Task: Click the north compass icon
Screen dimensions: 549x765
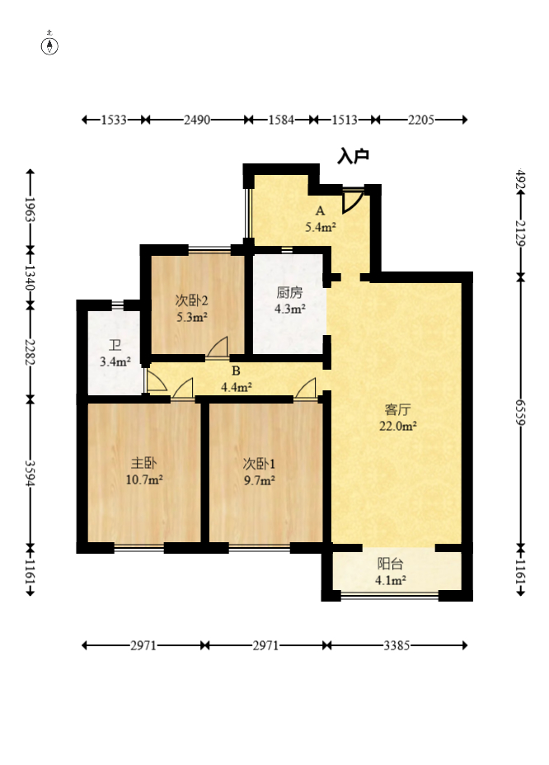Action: click(x=49, y=44)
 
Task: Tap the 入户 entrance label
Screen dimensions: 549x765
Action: click(x=353, y=156)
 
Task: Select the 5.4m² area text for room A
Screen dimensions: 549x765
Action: click(x=320, y=227)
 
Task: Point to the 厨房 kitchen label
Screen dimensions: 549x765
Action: click(x=289, y=292)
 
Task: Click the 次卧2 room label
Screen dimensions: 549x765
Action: click(x=192, y=300)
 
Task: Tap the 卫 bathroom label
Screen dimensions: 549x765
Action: click(x=115, y=346)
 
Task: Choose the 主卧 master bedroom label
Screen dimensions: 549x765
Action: click(x=143, y=463)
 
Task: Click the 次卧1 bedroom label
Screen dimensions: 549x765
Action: click(x=259, y=464)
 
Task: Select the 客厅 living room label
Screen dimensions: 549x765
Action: click(x=397, y=409)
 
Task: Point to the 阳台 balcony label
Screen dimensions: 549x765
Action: click(x=390, y=564)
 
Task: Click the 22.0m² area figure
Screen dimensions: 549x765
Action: click(x=398, y=426)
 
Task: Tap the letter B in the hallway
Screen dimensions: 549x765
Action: click(x=236, y=371)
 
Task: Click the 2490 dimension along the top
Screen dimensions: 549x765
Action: click(x=197, y=120)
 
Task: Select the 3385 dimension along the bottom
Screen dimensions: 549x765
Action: click(x=396, y=645)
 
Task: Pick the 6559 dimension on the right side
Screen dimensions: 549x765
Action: click(x=521, y=413)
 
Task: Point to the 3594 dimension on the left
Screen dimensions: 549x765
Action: click(x=30, y=473)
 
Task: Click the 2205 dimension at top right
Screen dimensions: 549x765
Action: click(x=421, y=120)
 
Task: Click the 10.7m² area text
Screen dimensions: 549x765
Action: click(x=144, y=480)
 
